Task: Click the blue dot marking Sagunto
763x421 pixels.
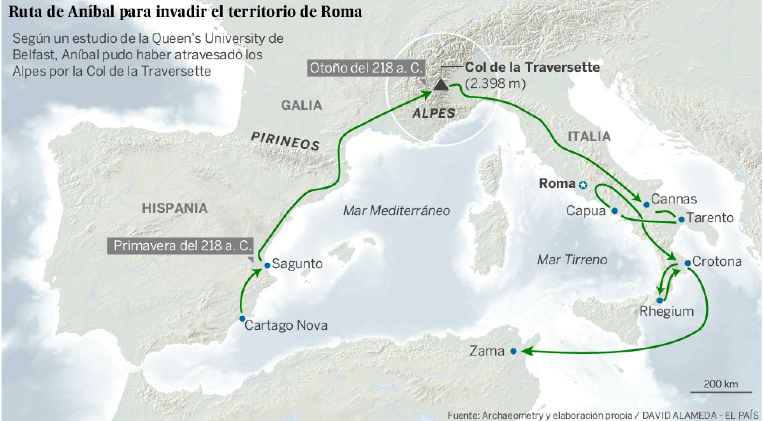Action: (267, 265)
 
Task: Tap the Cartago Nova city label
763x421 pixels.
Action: (286, 325)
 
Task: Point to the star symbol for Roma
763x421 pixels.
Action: (583, 185)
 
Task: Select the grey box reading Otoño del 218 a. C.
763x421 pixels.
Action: (366, 68)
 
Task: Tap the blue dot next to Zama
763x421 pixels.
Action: (513, 351)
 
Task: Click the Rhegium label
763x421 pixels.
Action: (666, 311)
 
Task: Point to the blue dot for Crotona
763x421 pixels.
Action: (687, 263)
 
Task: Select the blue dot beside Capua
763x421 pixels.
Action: (615, 211)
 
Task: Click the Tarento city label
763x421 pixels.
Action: (710, 218)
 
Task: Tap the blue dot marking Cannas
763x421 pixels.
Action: (646, 205)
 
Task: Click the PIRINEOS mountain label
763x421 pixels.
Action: (285, 141)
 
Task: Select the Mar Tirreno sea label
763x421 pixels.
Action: (572, 260)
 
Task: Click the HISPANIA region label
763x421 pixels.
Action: (174, 208)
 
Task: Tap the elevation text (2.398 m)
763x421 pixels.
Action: (495, 83)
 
